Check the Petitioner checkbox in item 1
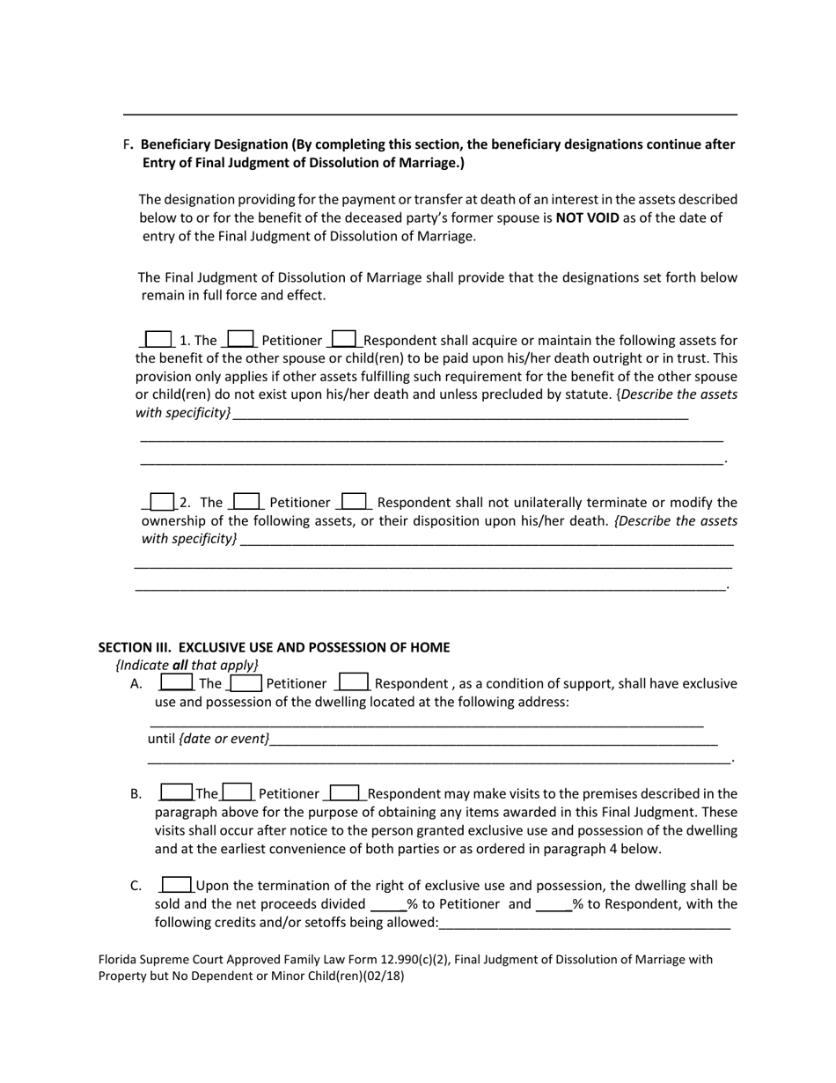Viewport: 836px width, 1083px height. (x=240, y=339)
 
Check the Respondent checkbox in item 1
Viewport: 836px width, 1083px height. (x=344, y=339)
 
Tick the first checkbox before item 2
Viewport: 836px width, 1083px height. (x=161, y=502)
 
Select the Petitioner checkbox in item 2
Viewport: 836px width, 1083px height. (x=246, y=502)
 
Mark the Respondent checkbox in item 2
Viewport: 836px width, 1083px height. (x=354, y=502)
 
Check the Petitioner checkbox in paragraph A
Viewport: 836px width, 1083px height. (x=246, y=682)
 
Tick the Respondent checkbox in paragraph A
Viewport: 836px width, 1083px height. (x=354, y=682)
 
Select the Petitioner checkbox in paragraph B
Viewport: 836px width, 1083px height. (x=238, y=792)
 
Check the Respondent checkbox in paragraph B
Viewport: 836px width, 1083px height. (x=344, y=792)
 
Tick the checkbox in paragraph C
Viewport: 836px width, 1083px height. (x=177, y=885)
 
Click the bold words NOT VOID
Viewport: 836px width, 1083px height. (x=587, y=217)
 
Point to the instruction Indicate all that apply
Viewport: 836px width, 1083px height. (x=187, y=665)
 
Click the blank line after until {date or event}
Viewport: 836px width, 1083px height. (x=493, y=740)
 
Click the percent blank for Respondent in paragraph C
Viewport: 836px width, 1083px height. (x=554, y=904)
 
